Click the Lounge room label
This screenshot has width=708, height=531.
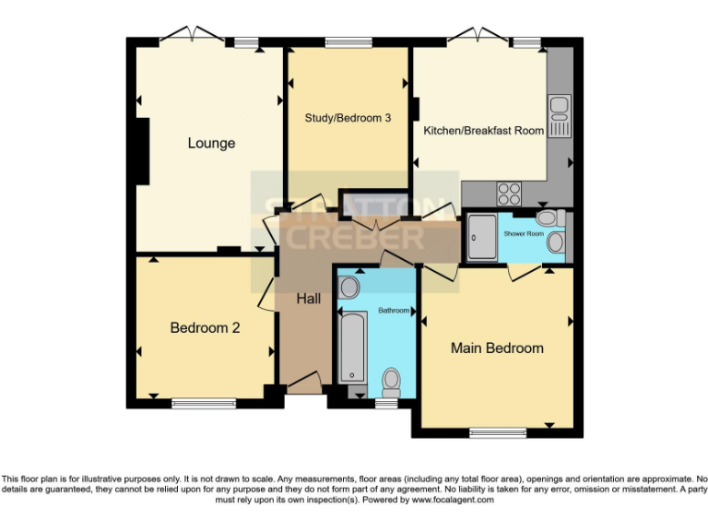(x=211, y=143)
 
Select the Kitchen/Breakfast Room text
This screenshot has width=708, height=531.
(x=483, y=131)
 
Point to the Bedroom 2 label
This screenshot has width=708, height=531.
(x=205, y=327)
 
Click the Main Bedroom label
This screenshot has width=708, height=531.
(x=496, y=348)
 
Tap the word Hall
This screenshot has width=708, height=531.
(x=308, y=299)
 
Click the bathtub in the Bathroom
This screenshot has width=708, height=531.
(x=352, y=347)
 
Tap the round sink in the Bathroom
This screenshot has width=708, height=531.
(x=348, y=287)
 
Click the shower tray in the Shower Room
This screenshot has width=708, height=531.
(x=482, y=237)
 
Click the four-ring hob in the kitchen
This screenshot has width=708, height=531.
(x=509, y=194)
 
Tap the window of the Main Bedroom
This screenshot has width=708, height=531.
(x=496, y=431)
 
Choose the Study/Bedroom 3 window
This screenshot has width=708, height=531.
(x=348, y=41)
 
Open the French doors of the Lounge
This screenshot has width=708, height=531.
(x=191, y=37)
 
